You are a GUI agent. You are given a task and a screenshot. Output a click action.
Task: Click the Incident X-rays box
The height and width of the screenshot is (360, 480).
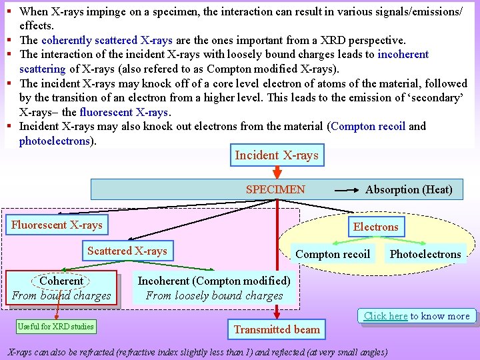coord(277,155)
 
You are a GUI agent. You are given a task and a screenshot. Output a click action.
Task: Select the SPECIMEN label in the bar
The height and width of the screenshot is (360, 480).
coord(275,189)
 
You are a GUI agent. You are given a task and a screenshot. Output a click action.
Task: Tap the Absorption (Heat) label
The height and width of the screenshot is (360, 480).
coord(409,189)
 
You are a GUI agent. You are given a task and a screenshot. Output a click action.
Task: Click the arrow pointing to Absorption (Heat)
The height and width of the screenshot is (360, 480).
coord(346,190)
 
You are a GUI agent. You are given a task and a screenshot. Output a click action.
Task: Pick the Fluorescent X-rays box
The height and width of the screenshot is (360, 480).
coord(57,225)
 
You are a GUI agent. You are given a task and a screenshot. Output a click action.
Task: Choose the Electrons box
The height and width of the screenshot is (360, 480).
coord(375,227)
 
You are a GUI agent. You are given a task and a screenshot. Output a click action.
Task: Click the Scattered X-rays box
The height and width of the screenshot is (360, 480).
coord(127,251)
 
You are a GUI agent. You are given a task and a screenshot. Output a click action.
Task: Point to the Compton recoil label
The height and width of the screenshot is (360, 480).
coord(333,254)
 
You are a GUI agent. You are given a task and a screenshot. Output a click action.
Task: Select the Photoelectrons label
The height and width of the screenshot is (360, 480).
coord(425,254)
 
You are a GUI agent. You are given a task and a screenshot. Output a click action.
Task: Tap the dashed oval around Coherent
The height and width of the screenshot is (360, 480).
coord(61,281)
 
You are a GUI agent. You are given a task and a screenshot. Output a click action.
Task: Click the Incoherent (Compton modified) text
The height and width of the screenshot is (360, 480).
coord(214,281)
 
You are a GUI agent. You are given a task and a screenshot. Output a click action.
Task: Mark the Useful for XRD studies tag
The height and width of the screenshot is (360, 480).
coord(56,326)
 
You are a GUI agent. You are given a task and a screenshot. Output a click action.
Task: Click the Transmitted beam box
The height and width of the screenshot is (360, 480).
coord(277,329)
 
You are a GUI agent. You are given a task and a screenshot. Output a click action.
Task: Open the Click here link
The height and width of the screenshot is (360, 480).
coord(385,316)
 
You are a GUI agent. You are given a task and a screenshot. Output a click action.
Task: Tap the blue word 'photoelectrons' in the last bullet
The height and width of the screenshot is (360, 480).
coord(54,141)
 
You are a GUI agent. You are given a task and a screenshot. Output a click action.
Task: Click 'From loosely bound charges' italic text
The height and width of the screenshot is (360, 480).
coord(214,295)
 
